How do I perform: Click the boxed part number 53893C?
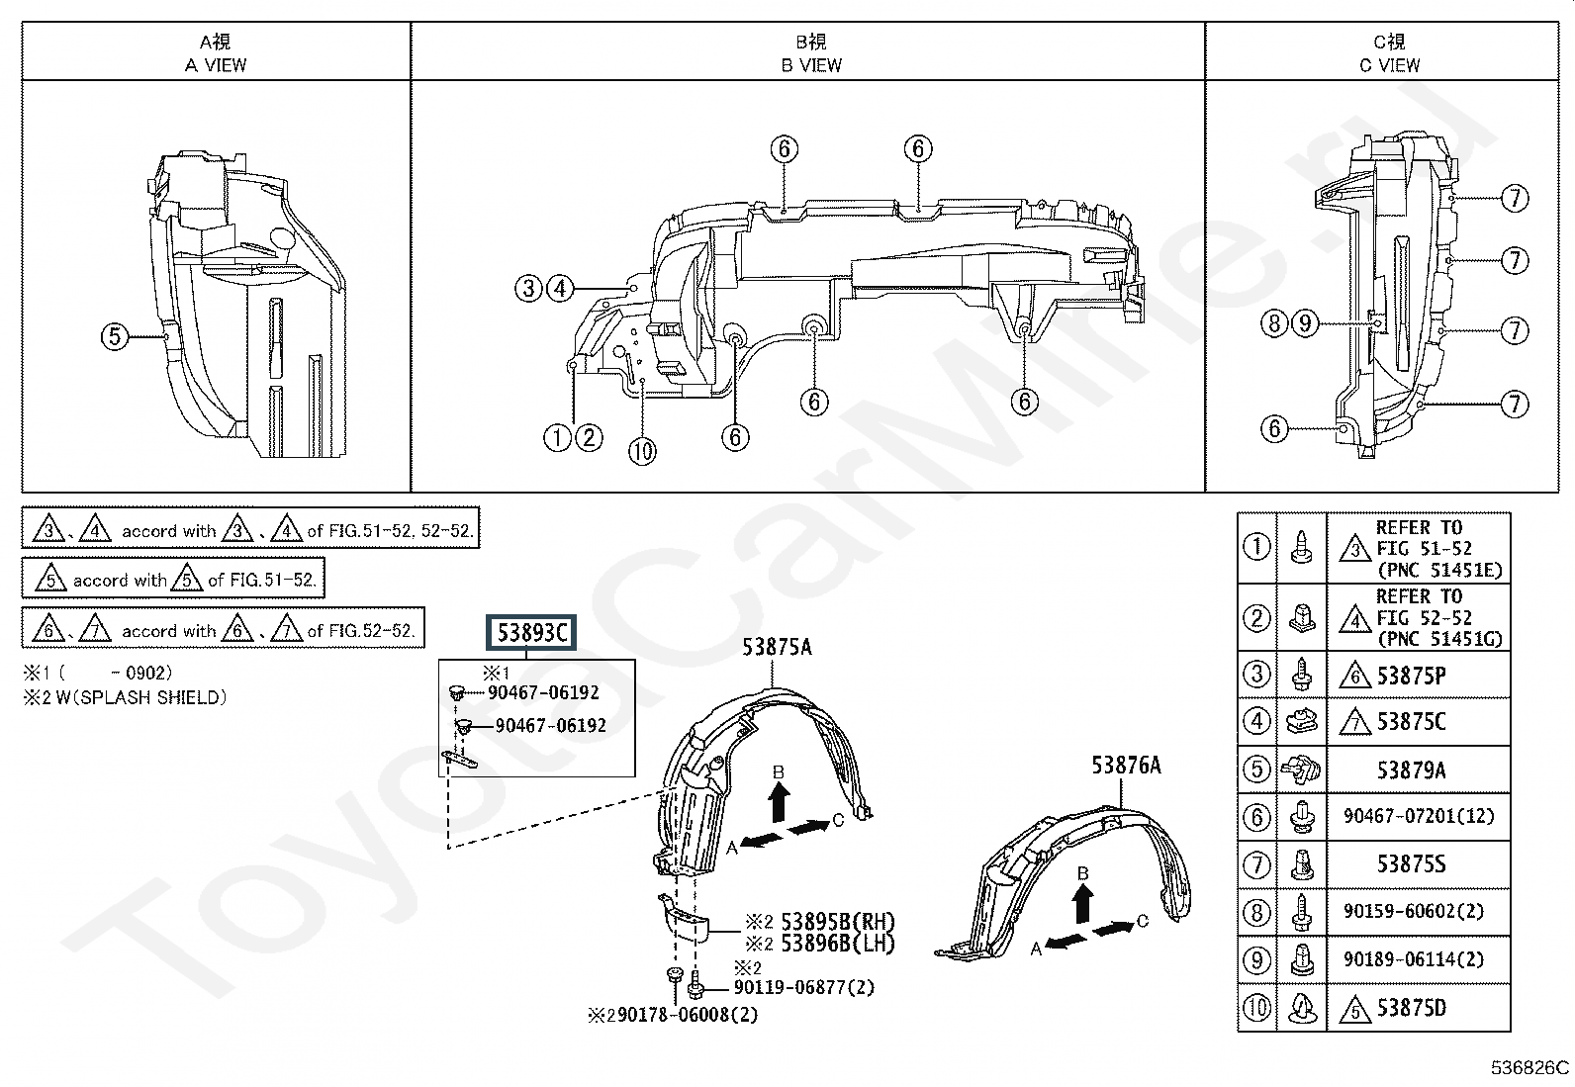[531, 633]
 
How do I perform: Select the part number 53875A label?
[777, 647]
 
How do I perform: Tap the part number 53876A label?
[1126, 765]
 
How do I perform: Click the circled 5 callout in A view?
[115, 336]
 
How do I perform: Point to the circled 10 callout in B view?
[642, 451]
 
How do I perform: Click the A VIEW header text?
[216, 65]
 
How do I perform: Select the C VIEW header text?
[1389, 65]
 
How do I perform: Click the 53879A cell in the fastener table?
[1411, 770]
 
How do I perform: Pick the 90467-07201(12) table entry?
[1419, 816]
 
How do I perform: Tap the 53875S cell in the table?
[1411, 864]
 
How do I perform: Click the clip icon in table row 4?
[1302, 721]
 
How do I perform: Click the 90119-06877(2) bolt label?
[804, 988]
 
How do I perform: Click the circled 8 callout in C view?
[1274, 323]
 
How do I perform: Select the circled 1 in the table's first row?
[1256, 547]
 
